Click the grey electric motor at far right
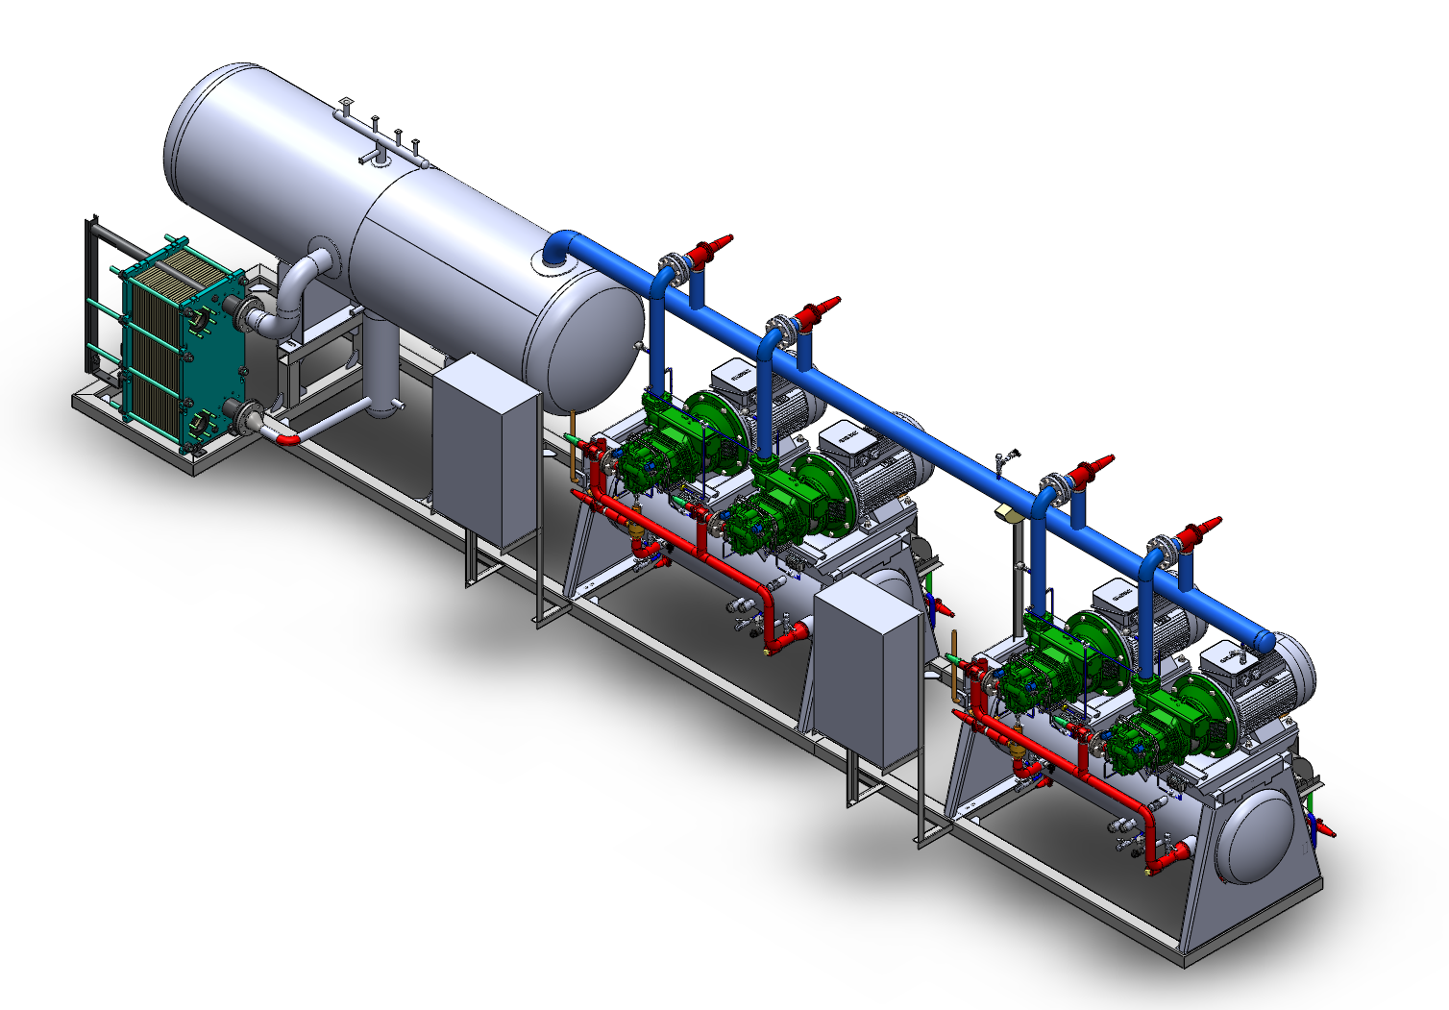click(1268, 682)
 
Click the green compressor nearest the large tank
click(653, 452)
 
